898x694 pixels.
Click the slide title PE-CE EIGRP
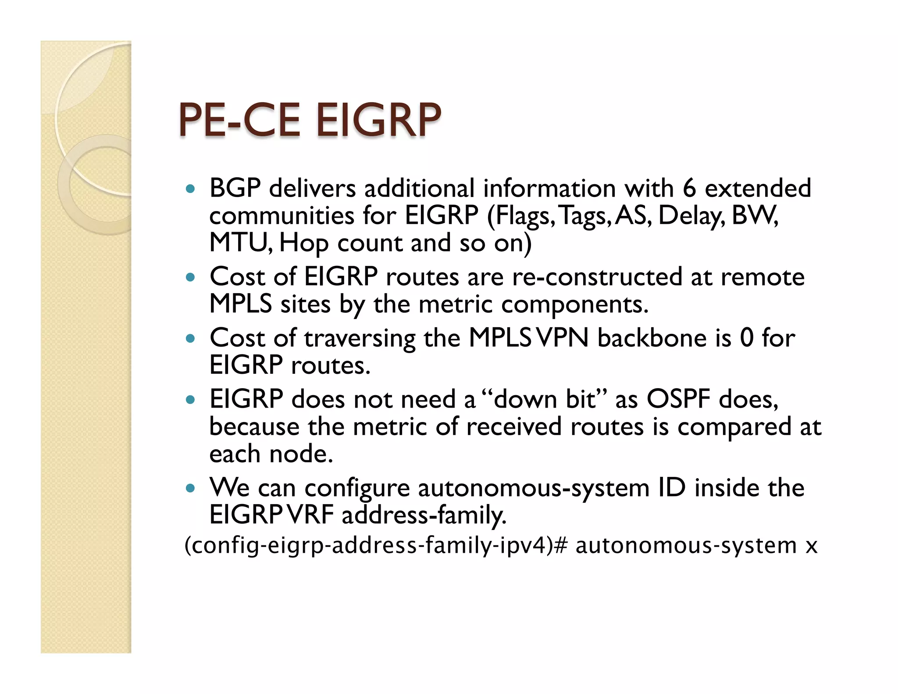(x=309, y=120)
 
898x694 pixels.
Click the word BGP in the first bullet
(x=235, y=188)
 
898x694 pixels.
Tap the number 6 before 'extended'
(x=689, y=188)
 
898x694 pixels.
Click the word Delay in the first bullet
(x=691, y=216)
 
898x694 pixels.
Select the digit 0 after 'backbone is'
(x=746, y=338)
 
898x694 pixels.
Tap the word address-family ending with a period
(x=424, y=515)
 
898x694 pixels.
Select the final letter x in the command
(x=812, y=546)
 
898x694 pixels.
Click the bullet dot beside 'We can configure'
(x=190, y=488)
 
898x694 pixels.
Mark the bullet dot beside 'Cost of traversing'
(x=190, y=339)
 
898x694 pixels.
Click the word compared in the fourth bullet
(x=734, y=427)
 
